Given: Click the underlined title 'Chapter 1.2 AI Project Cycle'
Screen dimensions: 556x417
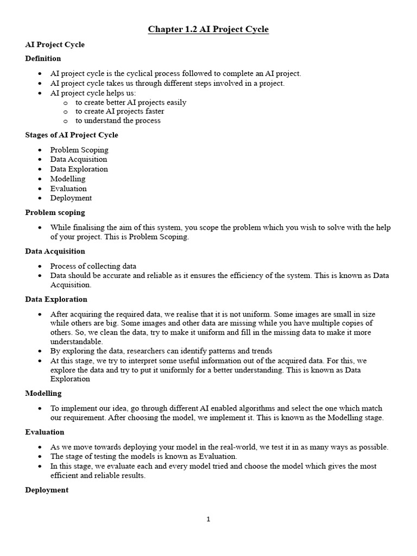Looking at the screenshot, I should pos(208,29).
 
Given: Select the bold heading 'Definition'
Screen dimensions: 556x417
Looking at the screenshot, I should pos(43,59).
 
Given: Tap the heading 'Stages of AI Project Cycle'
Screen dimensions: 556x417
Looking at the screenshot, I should pos(71,135).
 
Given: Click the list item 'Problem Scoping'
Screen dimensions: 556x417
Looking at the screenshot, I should pos(79,150).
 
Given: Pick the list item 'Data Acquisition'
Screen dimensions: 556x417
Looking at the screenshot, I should pos(79,160).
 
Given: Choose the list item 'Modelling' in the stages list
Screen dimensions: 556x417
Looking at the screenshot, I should pos(68,179).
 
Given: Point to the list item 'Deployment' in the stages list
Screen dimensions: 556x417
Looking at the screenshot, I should pos(71,198).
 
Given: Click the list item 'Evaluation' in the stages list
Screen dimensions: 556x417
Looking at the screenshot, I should pos(68,188).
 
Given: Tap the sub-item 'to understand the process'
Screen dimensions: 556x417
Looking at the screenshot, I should pos(118,121).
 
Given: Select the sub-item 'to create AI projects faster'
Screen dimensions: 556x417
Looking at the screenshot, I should pos(119,111).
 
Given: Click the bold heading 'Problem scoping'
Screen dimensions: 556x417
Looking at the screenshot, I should pos(55,213).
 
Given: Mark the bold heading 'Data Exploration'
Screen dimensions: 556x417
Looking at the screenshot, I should pos(56,299).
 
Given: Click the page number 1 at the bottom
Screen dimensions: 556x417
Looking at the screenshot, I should pos(208,520).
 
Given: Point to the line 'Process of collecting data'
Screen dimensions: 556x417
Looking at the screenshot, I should pos(93,266).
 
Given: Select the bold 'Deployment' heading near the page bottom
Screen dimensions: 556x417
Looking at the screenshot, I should pos(47,490).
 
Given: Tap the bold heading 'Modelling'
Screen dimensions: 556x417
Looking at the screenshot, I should pos(43,393).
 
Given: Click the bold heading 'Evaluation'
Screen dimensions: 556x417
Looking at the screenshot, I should pos(45,432).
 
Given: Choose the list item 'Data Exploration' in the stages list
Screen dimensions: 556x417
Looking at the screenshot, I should pos(79,169).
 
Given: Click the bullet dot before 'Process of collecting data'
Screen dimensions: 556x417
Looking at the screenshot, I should pos(41,267).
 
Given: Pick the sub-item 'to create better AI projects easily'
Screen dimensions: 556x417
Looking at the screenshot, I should pos(131,102).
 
